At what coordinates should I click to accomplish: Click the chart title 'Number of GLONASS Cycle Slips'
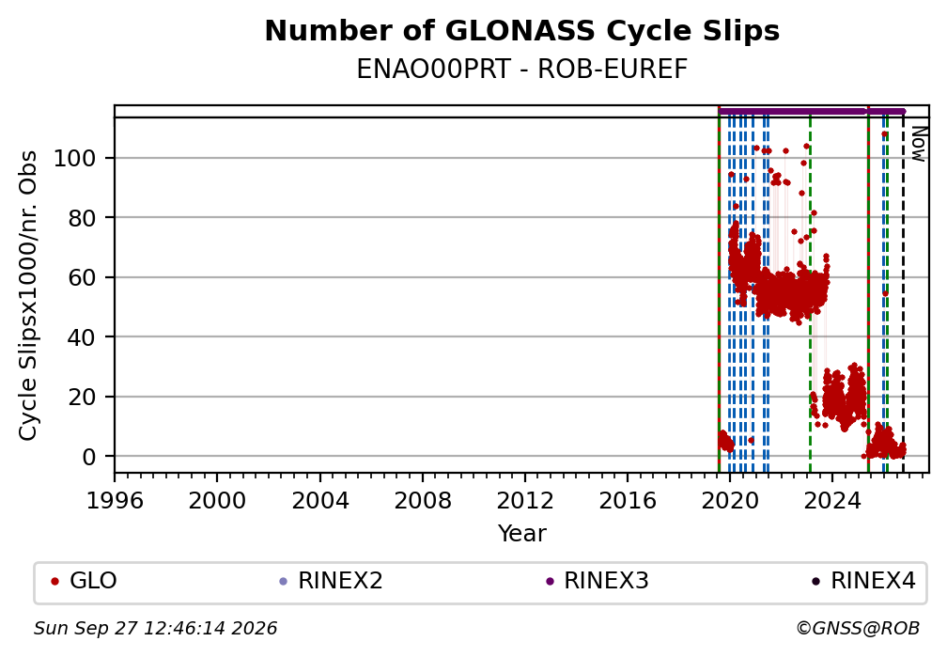(x=521, y=31)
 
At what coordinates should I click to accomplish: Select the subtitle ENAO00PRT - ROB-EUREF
(x=521, y=69)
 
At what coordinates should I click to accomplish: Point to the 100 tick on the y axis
(x=75, y=158)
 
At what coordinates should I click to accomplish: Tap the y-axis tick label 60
(x=82, y=277)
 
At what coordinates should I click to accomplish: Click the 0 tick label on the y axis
(x=89, y=457)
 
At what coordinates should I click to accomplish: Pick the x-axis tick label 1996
(x=115, y=500)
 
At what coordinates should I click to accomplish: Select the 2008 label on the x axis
(x=423, y=500)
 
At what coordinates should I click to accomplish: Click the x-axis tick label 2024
(x=832, y=500)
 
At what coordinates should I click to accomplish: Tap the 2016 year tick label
(x=628, y=500)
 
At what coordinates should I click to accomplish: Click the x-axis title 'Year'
(x=521, y=533)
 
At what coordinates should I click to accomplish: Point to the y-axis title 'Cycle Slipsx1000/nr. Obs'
(x=28, y=295)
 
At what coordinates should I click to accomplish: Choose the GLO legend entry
(x=85, y=581)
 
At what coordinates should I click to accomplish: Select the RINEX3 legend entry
(x=598, y=581)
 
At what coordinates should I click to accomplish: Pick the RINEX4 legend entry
(x=864, y=581)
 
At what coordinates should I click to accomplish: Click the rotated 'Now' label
(x=918, y=144)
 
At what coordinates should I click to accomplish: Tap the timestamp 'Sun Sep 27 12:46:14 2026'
(x=155, y=629)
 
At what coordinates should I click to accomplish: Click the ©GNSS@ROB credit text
(x=858, y=629)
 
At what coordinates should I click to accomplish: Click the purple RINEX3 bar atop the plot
(x=811, y=111)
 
